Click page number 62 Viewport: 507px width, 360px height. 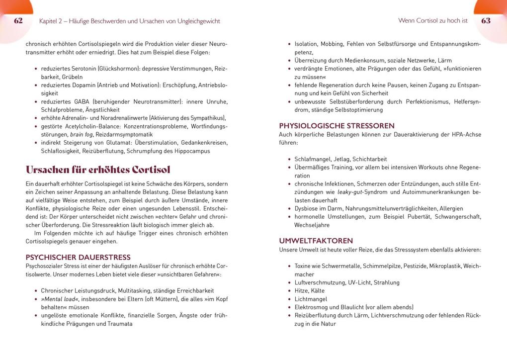click(x=18, y=21)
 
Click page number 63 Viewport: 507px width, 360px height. click(x=486, y=21)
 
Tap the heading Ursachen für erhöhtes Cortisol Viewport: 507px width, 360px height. click(x=98, y=169)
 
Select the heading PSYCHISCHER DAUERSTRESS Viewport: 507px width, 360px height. click(x=78, y=257)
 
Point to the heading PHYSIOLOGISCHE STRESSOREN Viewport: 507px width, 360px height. click(x=337, y=126)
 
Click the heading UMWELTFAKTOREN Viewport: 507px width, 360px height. click(x=316, y=241)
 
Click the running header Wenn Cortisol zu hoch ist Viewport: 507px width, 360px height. click(x=433, y=21)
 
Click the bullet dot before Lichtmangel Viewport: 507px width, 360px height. click(x=289, y=299)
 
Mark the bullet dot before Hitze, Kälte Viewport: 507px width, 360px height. click(x=289, y=291)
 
